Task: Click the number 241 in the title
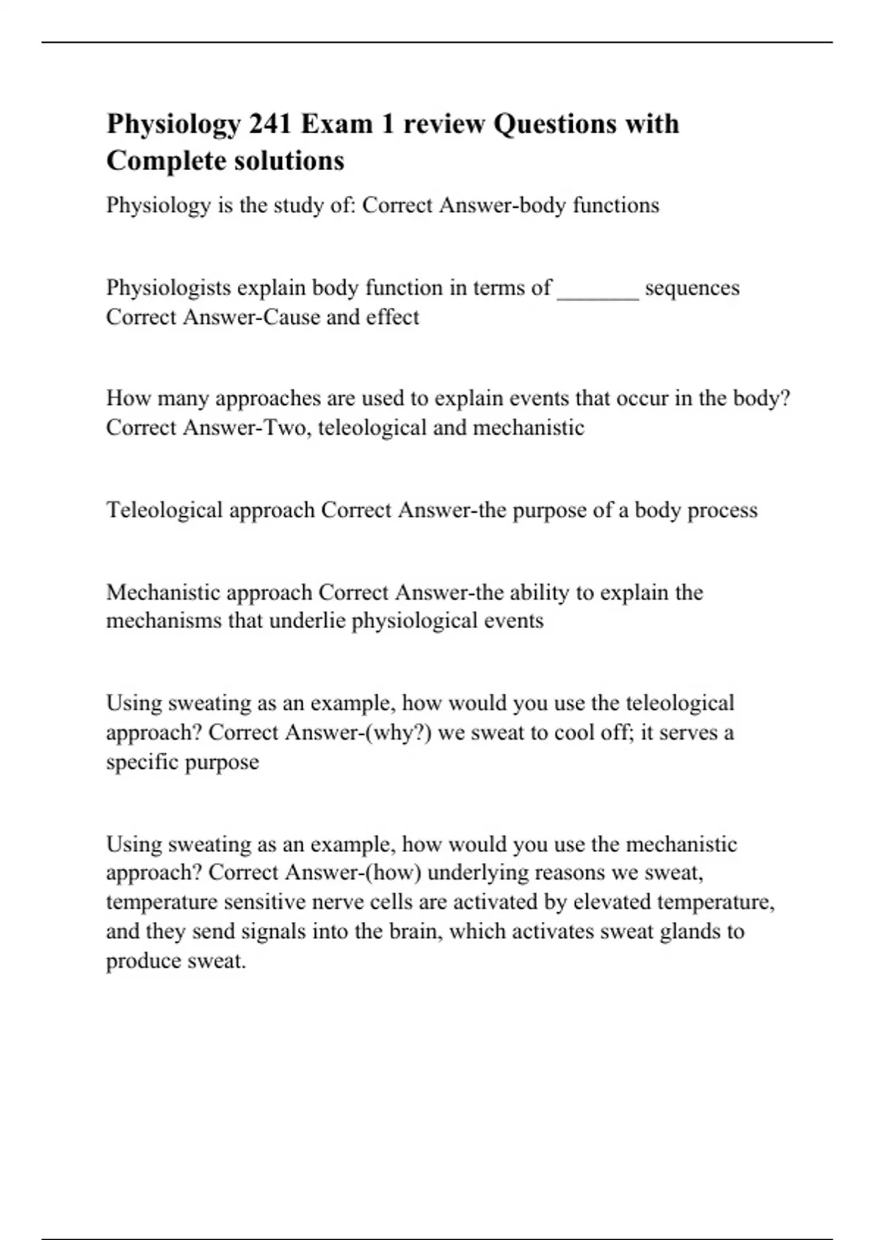point(271,124)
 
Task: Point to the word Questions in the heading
point(548,124)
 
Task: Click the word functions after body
point(615,206)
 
